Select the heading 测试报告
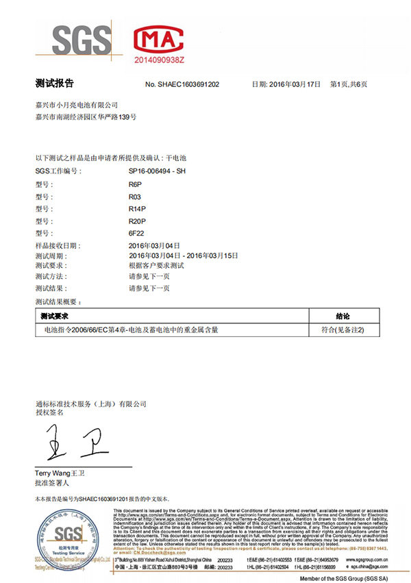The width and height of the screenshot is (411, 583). (x=54, y=84)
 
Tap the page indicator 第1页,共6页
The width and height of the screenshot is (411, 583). (x=349, y=84)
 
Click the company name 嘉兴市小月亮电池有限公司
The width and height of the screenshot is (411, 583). (x=77, y=105)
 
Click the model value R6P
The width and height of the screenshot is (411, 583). (x=136, y=184)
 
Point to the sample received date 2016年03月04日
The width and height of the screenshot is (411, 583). (x=154, y=245)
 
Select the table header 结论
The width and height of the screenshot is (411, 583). (x=343, y=317)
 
